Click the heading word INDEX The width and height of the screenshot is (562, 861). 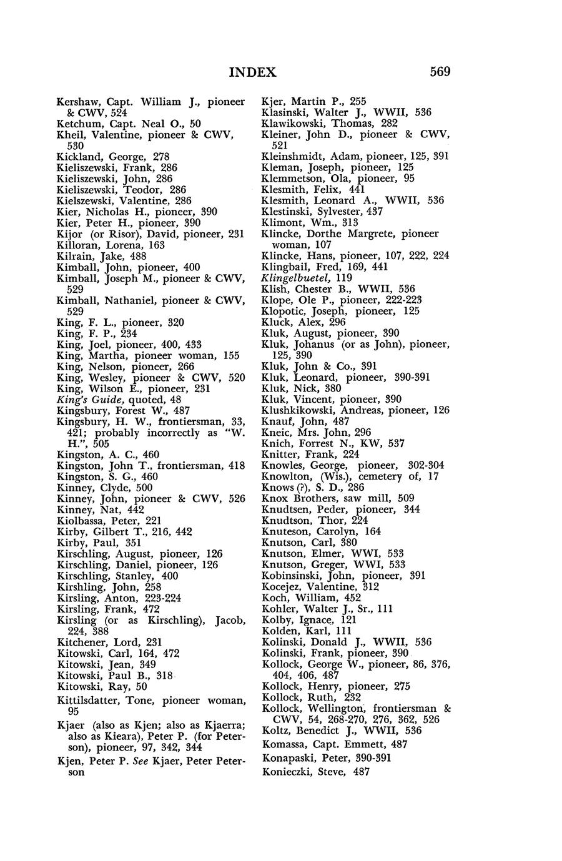point(252,72)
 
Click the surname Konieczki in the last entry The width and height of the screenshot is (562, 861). point(288,772)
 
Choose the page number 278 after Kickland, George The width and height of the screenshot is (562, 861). point(160,157)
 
